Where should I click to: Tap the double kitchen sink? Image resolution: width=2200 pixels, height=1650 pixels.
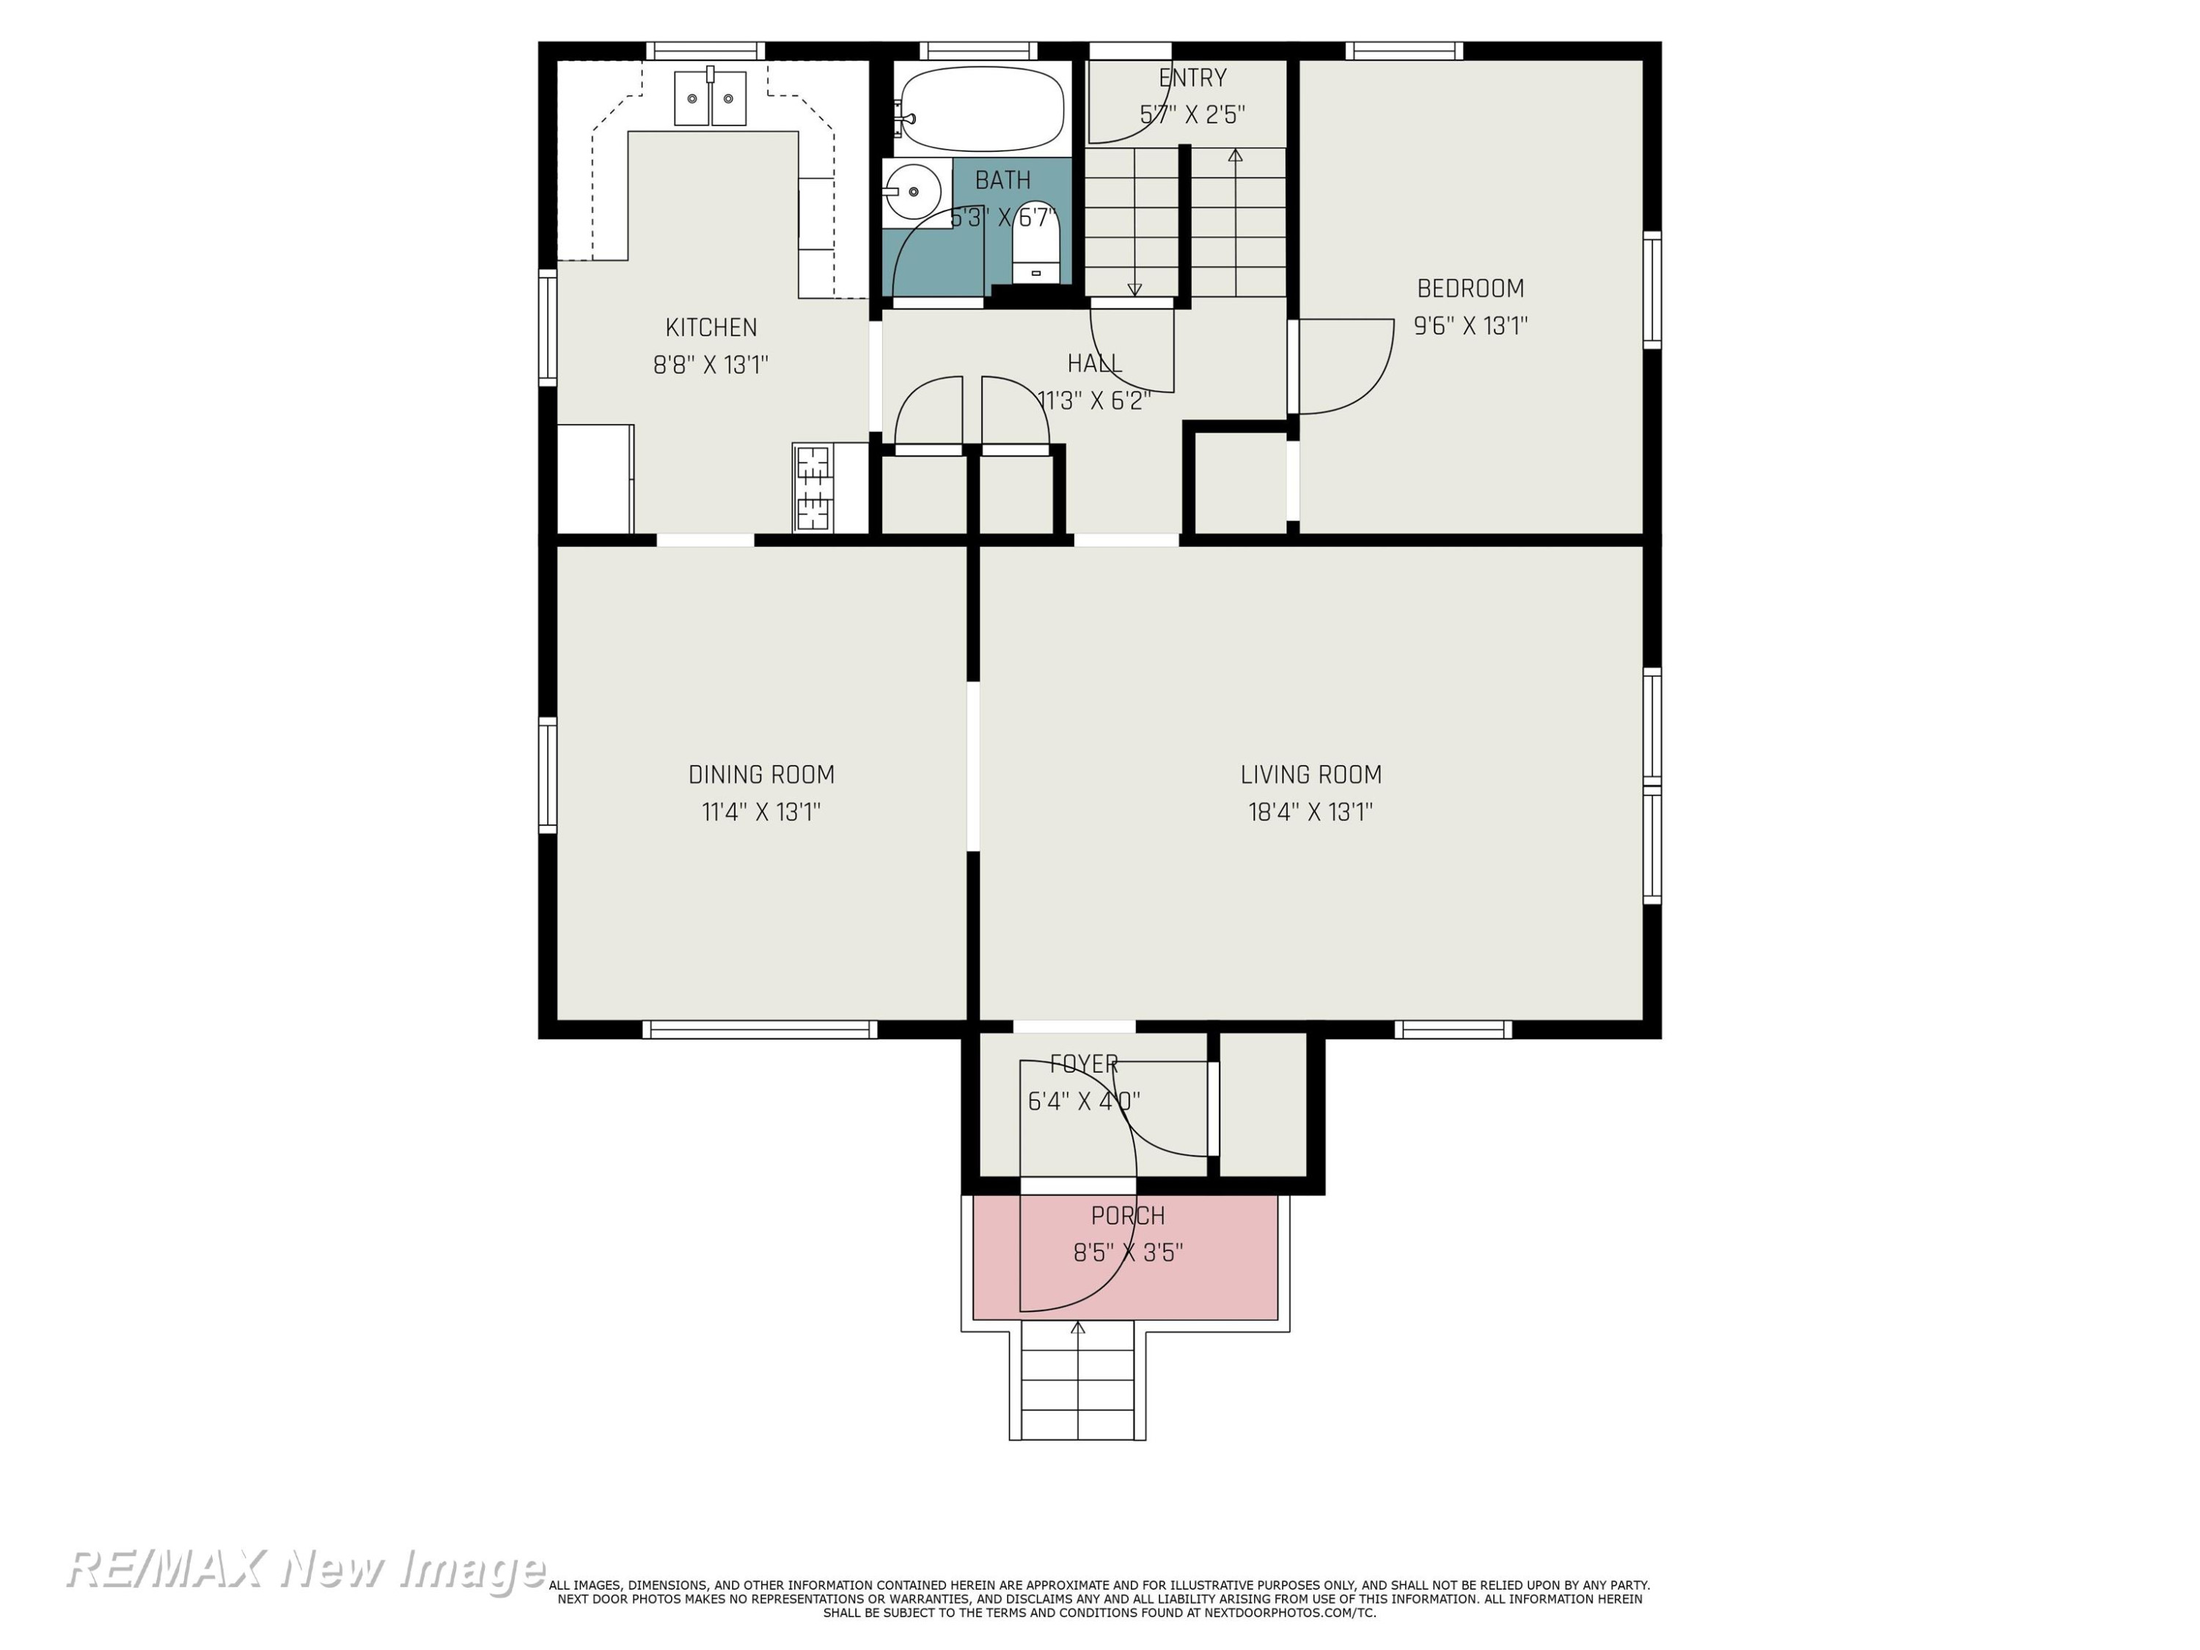click(x=710, y=98)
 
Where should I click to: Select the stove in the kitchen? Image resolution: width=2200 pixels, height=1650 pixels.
click(x=813, y=488)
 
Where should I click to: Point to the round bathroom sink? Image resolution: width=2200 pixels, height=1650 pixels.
click(x=912, y=191)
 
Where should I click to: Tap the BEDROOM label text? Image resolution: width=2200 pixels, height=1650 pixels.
click(x=1470, y=288)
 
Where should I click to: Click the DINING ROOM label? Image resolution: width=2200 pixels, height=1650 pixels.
click(x=761, y=775)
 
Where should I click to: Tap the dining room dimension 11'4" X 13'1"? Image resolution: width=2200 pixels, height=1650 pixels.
click(x=761, y=813)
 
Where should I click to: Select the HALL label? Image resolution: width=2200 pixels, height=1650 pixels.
click(x=1094, y=364)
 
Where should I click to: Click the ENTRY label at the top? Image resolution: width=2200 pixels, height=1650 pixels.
click(x=1192, y=78)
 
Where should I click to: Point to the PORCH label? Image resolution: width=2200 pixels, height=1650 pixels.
click(x=1128, y=1215)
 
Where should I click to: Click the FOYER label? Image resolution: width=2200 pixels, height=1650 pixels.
click(x=1084, y=1064)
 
